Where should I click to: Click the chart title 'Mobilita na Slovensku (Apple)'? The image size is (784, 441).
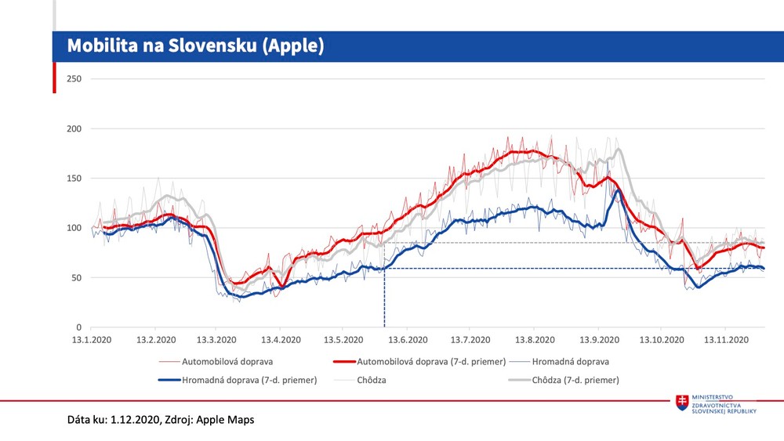(x=195, y=46)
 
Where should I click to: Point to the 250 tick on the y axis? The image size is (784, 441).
(x=74, y=79)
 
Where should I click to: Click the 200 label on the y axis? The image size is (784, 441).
(x=74, y=128)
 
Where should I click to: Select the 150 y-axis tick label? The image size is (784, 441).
(x=74, y=179)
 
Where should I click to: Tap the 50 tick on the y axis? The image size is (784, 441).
(x=77, y=277)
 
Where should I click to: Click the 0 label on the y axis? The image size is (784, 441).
(x=79, y=327)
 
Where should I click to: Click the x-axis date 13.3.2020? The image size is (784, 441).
(x=217, y=341)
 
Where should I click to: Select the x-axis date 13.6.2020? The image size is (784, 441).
(x=408, y=341)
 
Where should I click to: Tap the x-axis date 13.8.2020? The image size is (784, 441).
(x=534, y=341)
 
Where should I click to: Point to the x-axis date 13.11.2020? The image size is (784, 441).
(x=724, y=341)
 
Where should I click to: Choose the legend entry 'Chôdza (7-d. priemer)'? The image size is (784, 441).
(x=575, y=380)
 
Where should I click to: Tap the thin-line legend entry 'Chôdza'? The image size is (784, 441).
(x=368, y=380)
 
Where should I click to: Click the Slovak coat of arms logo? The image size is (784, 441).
(x=683, y=403)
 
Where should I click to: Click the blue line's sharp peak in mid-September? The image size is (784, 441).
(x=618, y=190)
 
